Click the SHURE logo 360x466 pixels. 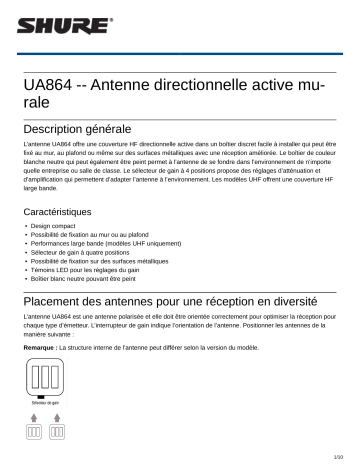pos(43,24)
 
